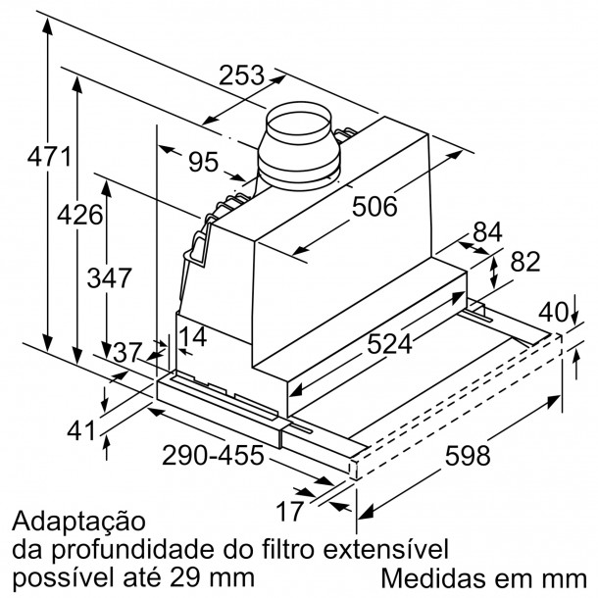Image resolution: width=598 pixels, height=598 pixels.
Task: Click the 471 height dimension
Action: click(49, 157)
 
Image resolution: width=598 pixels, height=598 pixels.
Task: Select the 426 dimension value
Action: click(80, 215)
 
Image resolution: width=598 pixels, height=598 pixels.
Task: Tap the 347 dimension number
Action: click(110, 277)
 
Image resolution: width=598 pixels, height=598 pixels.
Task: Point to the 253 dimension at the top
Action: click(241, 75)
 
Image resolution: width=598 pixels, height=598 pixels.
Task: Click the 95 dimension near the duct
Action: click(204, 162)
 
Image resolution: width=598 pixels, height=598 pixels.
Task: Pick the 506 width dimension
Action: click(374, 207)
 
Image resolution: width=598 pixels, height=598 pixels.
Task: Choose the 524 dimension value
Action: click(389, 344)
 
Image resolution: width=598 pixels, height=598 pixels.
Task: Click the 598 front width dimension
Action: click(468, 456)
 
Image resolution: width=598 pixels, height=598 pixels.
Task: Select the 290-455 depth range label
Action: click(213, 455)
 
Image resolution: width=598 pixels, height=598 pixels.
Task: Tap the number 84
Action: click(488, 232)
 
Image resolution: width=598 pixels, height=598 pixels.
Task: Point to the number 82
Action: click(525, 261)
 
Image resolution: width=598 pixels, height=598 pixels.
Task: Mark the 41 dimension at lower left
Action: click(80, 430)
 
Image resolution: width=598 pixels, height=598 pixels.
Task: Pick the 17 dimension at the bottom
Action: click(290, 511)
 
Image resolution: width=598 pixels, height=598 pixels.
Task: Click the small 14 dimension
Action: click(193, 336)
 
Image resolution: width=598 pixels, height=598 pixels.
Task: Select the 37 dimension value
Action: click(127, 353)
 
